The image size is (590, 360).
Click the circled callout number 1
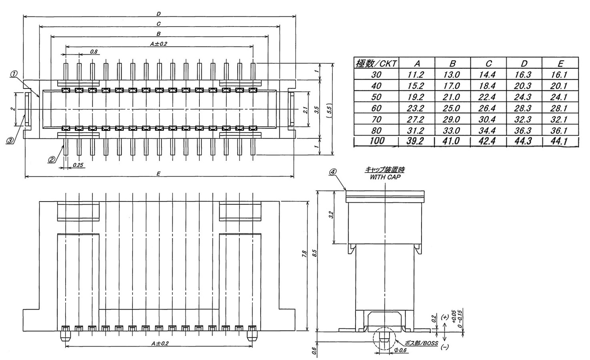click(x=14, y=74)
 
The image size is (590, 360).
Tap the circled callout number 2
click(x=52, y=159)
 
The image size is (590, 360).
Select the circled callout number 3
click(x=10, y=140)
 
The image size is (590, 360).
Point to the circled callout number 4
click(x=333, y=172)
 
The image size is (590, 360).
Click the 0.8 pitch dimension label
click(x=94, y=52)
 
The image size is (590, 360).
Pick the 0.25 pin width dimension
click(x=78, y=165)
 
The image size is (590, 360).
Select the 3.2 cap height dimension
click(x=331, y=216)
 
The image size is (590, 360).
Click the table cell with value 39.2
click(x=417, y=141)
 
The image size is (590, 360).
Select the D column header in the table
click(x=524, y=64)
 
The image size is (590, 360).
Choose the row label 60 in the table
click(x=377, y=108)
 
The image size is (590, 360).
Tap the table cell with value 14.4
click(x=488, y=75)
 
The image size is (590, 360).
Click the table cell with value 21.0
click(x=452, y=97)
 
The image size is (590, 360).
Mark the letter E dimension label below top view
click(x=159, y=173)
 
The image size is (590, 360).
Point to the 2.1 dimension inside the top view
click(x=305, y=110)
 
